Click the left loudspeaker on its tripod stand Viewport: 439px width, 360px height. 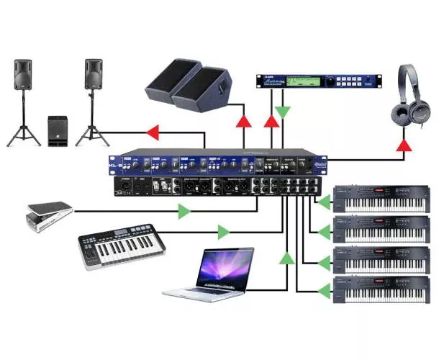(23, 76)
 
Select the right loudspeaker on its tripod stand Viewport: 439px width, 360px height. (94, 76)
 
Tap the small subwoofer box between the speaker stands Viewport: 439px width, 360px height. (58, 130)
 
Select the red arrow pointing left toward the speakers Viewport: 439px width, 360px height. (152, 132)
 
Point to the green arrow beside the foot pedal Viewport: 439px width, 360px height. (185, 211)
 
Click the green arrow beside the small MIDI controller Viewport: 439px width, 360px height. (224, 232)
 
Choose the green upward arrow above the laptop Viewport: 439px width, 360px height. (287, 257)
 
